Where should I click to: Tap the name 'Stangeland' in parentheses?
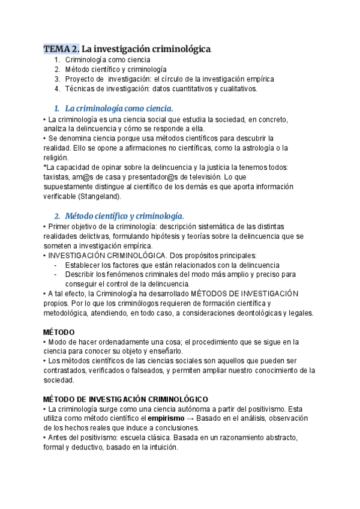[x=102, y=196]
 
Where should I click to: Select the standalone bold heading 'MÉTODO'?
[x=59, y=332]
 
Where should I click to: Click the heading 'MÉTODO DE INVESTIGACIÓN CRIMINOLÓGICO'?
[x=126, y=399]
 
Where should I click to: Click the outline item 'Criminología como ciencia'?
[x=108, y=60]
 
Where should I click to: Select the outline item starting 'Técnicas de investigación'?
[x=161, y=89]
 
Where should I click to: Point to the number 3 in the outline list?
[x=56, y=79]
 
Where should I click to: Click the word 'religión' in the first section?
[x=57, y=158]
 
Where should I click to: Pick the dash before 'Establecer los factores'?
[x=56, y=265]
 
